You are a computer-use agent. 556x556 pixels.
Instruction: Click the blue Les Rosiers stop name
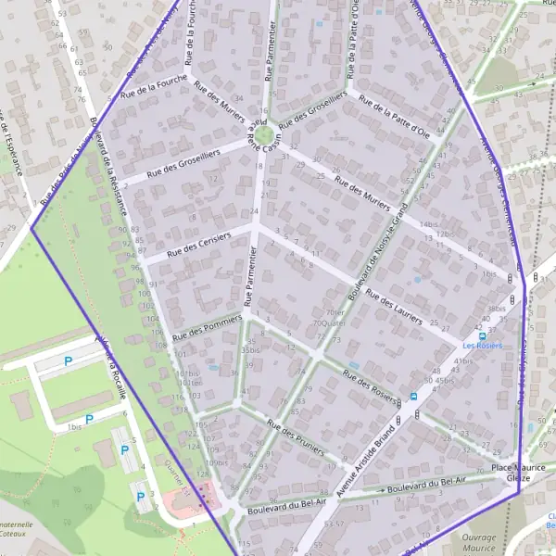[x=482, y=346]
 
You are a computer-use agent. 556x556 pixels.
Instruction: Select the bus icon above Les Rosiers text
[x=482, y=335]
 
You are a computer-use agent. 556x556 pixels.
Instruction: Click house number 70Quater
[x=330, y=323]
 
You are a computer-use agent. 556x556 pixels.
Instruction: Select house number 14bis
[x=427, y=224]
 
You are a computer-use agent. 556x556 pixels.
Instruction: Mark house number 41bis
[x=464, y=360]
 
